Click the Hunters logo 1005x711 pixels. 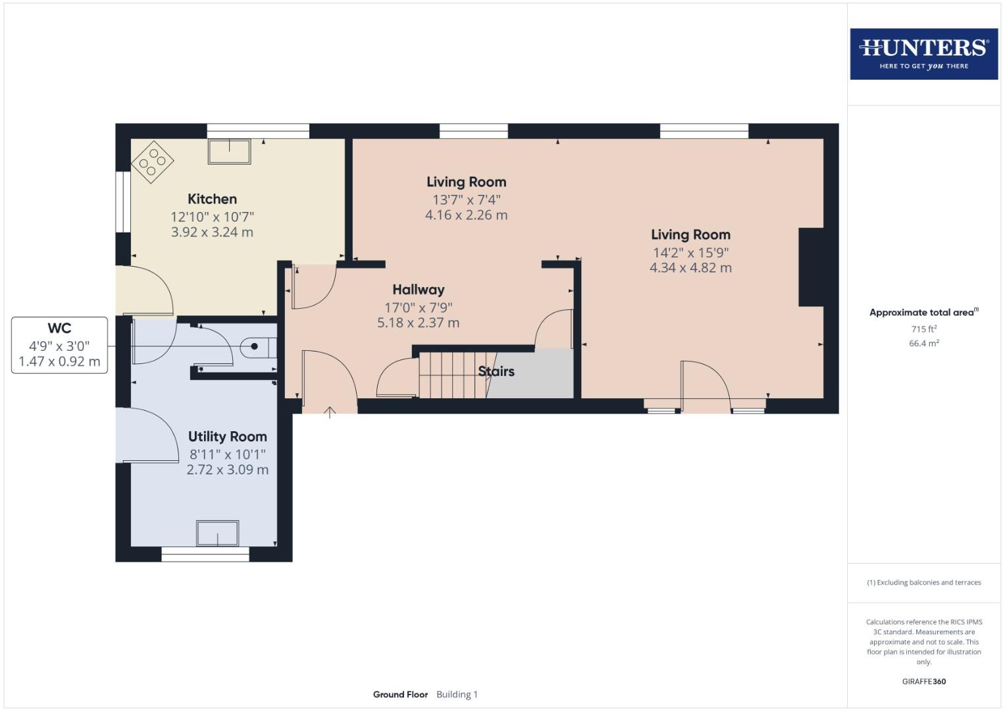[923, 53]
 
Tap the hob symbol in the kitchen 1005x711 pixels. [152, 162]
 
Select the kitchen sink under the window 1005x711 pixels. [229, 151]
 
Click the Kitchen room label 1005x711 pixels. [212, 199]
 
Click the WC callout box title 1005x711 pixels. [59, 329]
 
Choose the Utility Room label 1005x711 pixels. [227, 436]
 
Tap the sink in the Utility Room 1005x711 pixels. [217, 533]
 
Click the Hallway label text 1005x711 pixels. [418, 290]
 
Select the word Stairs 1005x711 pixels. [496, 371]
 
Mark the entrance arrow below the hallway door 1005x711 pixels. [330, 413]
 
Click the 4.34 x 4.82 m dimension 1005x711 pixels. [690, 268]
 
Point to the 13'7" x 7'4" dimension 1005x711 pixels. [466, 199]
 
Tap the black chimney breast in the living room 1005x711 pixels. [811, 267]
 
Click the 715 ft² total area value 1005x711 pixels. [923, 329]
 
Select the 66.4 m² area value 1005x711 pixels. [923, 343]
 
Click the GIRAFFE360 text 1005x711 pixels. [923, 681]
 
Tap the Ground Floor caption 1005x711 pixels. [400, 695]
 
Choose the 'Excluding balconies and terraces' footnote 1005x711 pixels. [923, 583]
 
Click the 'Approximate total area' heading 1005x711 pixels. [923, 313]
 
